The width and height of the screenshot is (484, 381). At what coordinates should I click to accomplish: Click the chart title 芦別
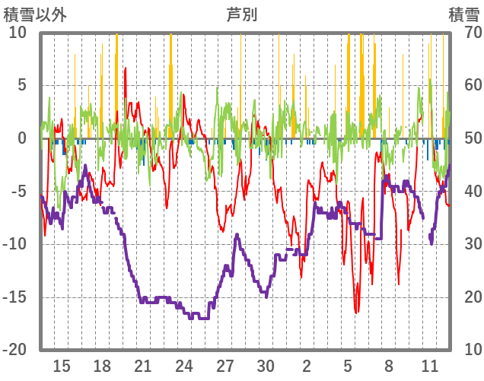[x=241, y=14]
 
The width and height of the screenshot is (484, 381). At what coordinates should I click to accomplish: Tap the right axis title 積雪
[x=463, y=14]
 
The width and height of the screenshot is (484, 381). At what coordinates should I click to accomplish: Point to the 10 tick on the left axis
[x=18, y=33]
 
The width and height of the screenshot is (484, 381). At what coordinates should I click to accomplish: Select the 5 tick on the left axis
[x=22, y=85]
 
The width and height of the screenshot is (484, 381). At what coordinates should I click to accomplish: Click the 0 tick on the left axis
[x=22, y=138]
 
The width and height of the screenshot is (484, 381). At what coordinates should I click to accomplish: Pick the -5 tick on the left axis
[x=18, y=191]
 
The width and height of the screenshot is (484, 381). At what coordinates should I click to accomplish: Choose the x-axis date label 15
[x=62, y=365]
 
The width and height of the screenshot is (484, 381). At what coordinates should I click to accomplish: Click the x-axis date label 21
[x=143, y=365]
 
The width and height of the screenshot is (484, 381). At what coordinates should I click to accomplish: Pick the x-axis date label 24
[x=184, y=365]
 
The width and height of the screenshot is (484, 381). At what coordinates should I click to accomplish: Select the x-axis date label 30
[x=266, y=365]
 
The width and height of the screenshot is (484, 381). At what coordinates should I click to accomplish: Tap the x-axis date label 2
[x=307, y=365]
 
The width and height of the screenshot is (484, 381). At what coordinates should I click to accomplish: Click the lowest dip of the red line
[x=356, y=312]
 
